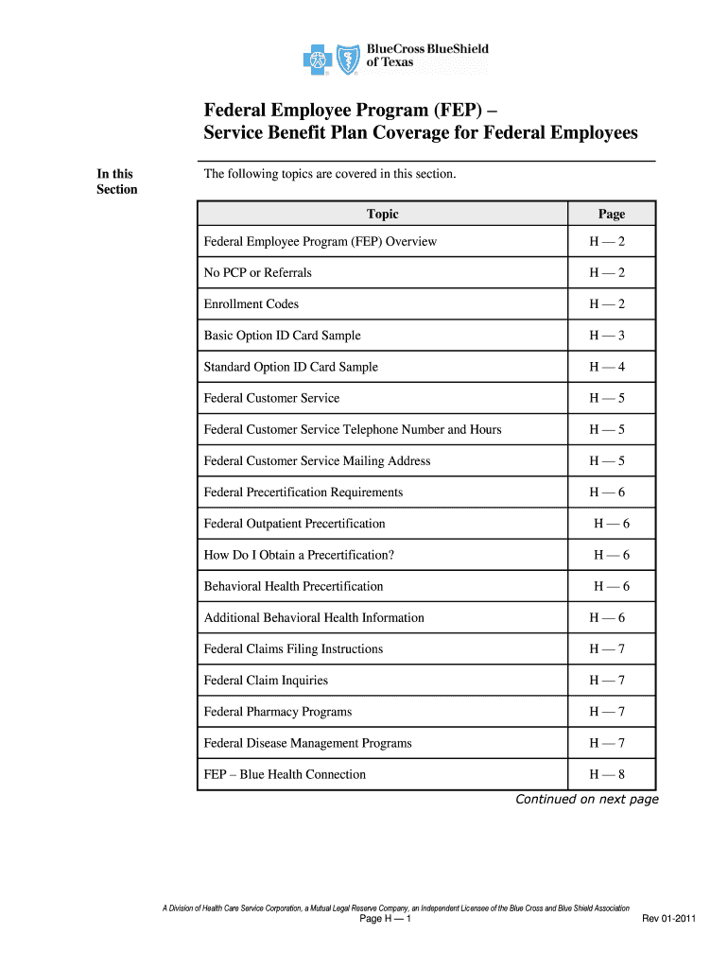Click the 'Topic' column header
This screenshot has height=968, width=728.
383,215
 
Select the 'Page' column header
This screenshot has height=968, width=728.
611,215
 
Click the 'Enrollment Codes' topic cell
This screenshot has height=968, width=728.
251,304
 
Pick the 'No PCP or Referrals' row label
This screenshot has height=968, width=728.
257,273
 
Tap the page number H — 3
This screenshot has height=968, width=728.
607,336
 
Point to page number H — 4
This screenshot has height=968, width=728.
607,367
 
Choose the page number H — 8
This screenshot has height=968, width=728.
607,774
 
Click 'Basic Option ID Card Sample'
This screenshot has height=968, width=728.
282,336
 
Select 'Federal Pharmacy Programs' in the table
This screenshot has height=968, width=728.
277,712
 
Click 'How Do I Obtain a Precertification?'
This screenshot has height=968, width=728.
298,555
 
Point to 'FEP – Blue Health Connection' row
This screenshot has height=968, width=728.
285,774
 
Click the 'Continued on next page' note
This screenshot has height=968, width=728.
586,800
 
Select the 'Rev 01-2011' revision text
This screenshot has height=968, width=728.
669,919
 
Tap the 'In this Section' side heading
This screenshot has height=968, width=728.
116,181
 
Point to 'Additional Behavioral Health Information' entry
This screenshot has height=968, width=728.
314,618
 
